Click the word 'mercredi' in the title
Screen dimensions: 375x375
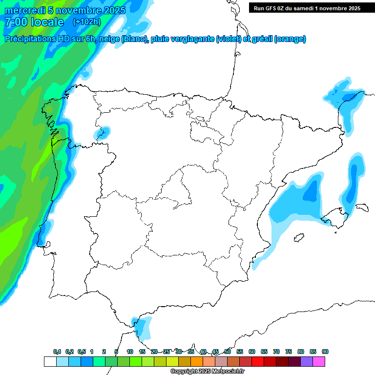tap(24, 10)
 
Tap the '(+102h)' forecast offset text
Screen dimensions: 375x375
tap(86, 21)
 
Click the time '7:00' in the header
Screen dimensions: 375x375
tap(16, 22)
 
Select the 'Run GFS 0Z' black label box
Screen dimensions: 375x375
tap(305, 8)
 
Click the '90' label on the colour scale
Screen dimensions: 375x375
tap(325, 352)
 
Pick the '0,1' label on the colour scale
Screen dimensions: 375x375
tap(57, 352)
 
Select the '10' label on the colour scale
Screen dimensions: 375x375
tap(130, 352)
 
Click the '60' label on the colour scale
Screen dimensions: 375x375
tap(252, 352)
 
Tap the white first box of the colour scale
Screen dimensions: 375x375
tap(50, 361)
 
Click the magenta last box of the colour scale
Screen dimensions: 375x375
tap(319, 361)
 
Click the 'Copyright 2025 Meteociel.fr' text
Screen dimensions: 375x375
tap(208, 371)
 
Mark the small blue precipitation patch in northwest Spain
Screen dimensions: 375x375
tap(103, 132)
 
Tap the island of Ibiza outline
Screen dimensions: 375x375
tap(298, 238)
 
